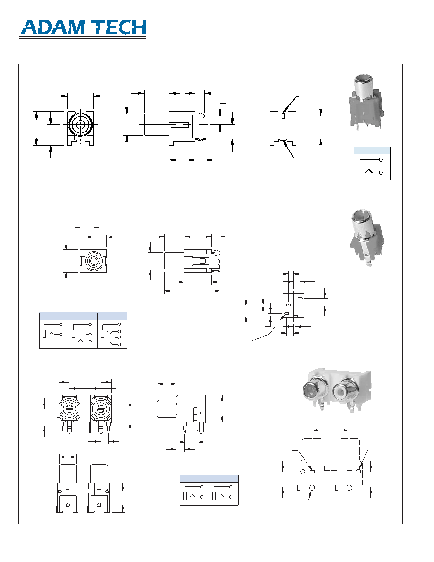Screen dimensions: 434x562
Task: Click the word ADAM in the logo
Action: pyautogui.click(x=53, y=27)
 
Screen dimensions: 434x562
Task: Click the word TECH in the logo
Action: pyautogui.click(x=118, y=27)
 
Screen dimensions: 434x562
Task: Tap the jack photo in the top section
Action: pyautogui.click(x=365, y=101)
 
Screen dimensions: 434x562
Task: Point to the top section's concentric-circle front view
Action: pyautogui.click(x=80, y=128)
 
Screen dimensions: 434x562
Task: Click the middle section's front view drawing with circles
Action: pyautogui.click(x=93, y=261)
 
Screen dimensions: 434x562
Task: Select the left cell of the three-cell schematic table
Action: pyautogui.click(x=54, y=331)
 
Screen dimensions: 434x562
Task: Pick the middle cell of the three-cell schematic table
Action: pyautogui.click(x=83, y=331)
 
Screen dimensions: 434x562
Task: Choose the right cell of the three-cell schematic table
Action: pyautogui.click(x=113, y=331)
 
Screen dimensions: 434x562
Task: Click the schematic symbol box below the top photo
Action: pyautogui.click(x=372, y=163)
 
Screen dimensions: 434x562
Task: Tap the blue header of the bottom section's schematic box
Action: pyautogui.click(x=209, y=479)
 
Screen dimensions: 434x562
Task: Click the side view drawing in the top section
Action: pyautogui.click(x=175, y=128)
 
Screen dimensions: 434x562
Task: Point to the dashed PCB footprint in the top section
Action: pyautogui.click(x=283, y=128)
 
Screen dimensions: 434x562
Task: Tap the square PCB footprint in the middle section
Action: pyautogui.click(x=293, y=306)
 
